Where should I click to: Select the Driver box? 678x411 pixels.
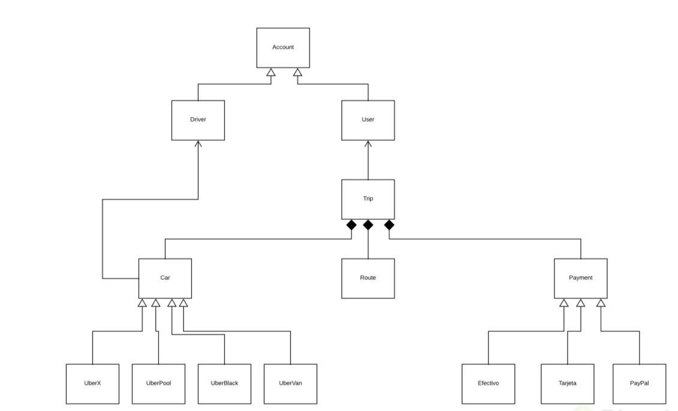(x=198, y=120)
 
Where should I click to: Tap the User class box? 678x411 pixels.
(x=368, y=120)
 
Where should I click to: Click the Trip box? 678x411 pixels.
(x=368, y=199)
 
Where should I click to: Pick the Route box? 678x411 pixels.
(x=368, y=278)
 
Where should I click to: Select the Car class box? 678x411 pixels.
(x=165, y=278)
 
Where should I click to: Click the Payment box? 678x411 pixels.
(x=580, y=278)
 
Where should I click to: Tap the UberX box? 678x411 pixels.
(x=92, y=382)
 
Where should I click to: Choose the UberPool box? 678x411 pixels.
(x=158, y=382)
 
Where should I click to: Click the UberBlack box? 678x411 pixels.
(x=224, y=382)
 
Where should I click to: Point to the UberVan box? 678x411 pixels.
(x=290, y=382)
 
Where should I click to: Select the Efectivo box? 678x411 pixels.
(x=488, y=382)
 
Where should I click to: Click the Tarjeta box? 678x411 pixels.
(x=567, y=382)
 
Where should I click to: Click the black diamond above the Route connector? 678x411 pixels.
(x=368, y=225)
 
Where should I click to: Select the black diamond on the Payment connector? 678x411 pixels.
(x=389, y=225)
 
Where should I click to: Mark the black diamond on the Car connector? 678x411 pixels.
(x=351, y=225)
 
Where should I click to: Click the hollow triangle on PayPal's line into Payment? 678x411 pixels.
(x=601, y=303)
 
